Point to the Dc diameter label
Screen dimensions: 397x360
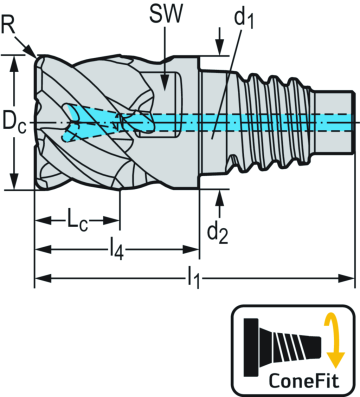coord(12,125)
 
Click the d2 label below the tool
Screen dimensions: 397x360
coord(218,231)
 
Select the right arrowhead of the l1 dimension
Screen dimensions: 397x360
coord(351,277)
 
